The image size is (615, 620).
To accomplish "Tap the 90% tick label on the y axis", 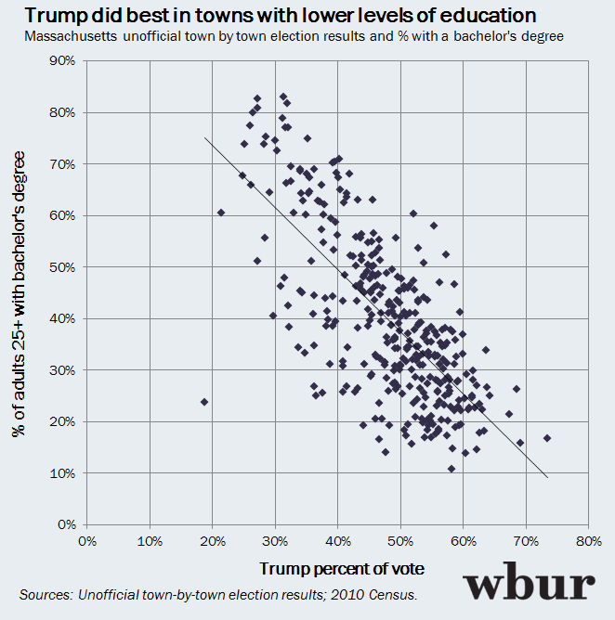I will (x=64, y=60).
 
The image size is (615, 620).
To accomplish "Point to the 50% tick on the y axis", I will (x=64, y=266).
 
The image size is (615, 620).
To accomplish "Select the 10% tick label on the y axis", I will (x=64, y=472).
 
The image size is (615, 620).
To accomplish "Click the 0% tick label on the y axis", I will (x=68, y=524).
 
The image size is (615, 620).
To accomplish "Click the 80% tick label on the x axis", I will (x=588, y=540).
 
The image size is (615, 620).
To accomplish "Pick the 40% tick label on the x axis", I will (x=337, y=540).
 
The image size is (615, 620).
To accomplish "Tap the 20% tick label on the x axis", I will (x=212, y=540).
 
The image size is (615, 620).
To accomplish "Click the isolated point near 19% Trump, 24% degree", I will (x=204, y=402).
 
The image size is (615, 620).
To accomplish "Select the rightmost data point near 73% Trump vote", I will (x=547, y=438).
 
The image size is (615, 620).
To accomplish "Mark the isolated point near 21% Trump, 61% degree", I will (x=221, y=213).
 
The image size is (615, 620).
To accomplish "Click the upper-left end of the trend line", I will (x=205, y=138).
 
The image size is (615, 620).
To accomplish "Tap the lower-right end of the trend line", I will (x=548, y=477).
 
